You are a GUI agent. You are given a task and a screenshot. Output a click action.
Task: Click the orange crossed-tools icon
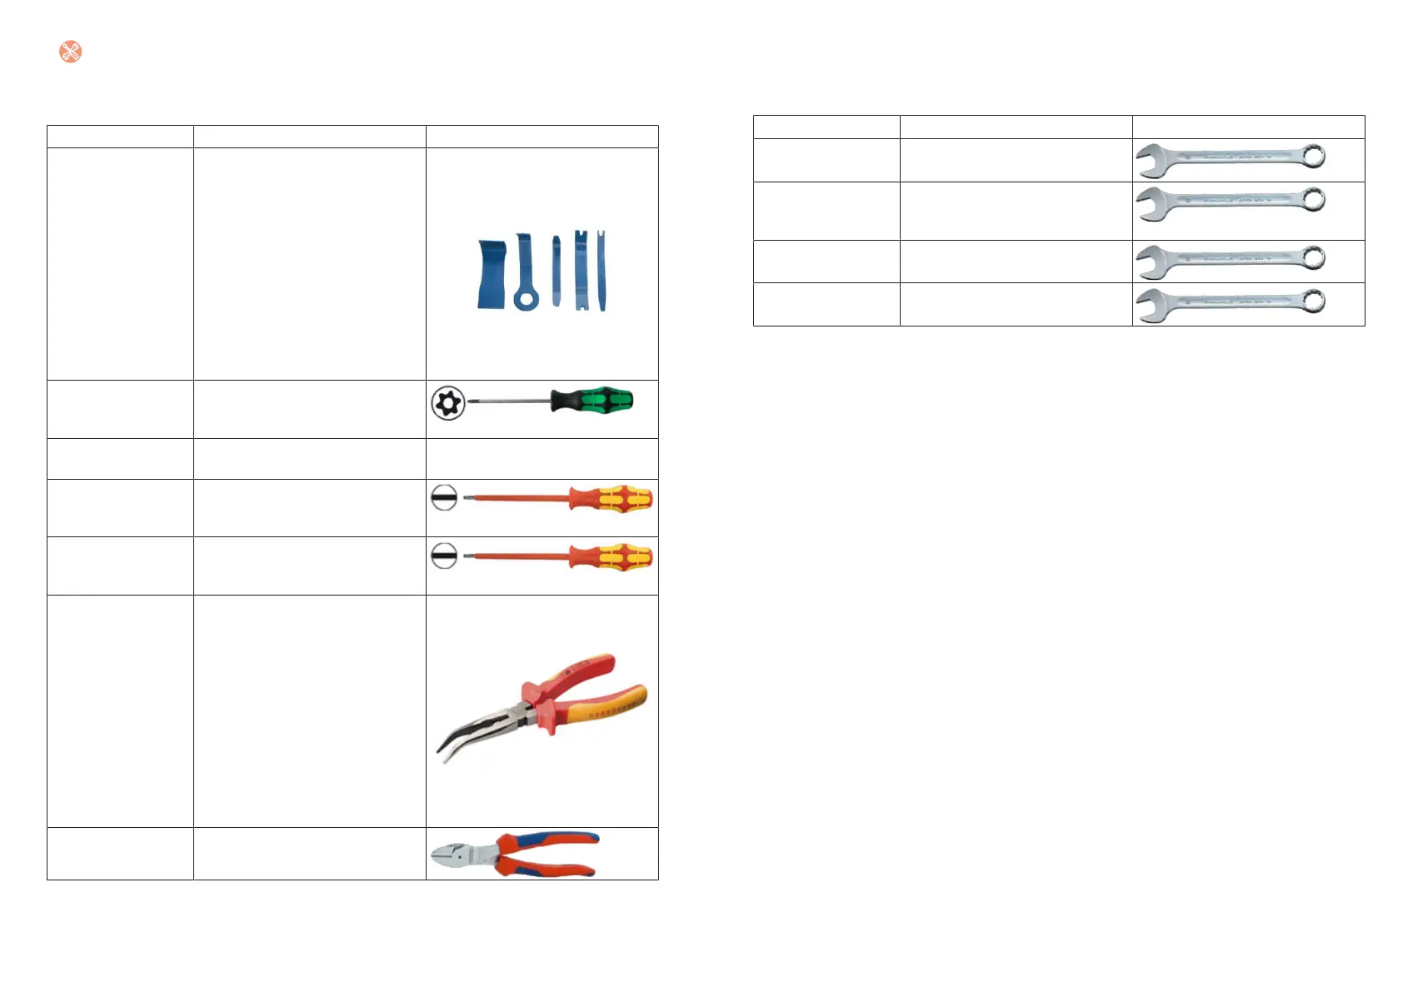[x=71, y=52]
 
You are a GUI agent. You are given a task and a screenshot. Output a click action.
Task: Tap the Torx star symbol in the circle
[x=447, y=403]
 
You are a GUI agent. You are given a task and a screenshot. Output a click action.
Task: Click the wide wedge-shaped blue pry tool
[x=491, y=275]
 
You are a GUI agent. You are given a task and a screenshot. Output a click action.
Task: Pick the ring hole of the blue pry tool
[x=525, y=298]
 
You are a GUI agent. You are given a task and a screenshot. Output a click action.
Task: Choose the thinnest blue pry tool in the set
[x=557, y=271]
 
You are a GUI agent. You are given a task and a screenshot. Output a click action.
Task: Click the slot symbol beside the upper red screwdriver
[x=444, y=498]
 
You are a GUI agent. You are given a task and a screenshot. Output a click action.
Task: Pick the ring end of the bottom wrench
[x=1313, y=301]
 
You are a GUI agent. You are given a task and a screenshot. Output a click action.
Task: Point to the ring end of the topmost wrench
[x=1313, y=156]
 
